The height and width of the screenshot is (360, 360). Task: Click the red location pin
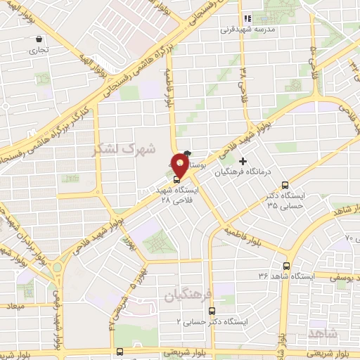180,166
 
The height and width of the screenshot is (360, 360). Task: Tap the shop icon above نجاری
38,40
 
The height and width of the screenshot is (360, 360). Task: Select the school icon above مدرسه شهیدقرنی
247,19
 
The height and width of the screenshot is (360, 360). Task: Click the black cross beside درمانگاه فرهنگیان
243,162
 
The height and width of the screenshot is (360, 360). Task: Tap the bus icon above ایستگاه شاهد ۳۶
286,266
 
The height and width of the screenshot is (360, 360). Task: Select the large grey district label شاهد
342,331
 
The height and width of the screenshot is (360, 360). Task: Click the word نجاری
35,51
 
